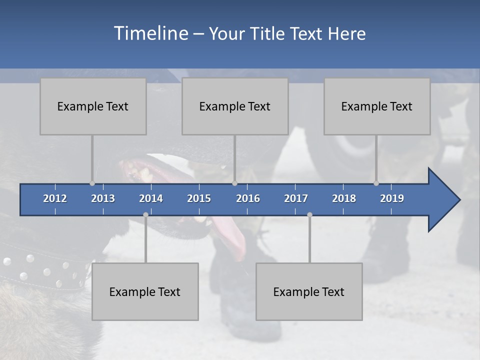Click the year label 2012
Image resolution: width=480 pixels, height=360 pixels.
click(x=55, y=198)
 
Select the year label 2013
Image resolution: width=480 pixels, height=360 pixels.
click(x=103, y=198)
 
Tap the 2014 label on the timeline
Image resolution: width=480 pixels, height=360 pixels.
click(x=151, y=198)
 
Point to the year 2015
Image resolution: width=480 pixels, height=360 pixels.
click(x=199, y=198)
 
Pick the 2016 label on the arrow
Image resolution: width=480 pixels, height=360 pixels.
click(x=248, y=198)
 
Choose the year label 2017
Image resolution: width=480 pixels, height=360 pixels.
click(x=296, y=198)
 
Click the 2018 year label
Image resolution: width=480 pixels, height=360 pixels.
click(x=344, y=198)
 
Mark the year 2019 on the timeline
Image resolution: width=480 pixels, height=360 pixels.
click(x=392, y=198)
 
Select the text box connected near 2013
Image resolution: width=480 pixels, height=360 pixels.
click(x=93, y=106)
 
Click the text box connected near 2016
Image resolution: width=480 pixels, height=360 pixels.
click(x=235, y=106)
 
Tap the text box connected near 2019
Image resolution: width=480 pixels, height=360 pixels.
click(x=377, y=106)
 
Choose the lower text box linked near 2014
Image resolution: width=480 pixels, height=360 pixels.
click(x=145, y=291)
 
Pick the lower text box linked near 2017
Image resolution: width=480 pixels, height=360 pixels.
click(x=309, y=291)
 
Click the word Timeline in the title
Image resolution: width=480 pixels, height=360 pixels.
click(x=149, y=33)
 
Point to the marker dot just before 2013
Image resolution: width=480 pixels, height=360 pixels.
click(x=92, y=183)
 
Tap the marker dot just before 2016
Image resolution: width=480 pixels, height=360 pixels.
click(x=234, y=183)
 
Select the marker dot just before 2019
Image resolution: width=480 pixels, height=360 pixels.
click(x=376, y=183)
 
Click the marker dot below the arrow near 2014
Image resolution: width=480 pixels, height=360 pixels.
click(x=145, y=214)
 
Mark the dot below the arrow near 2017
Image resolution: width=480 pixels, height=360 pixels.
click(x=309, y=214)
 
